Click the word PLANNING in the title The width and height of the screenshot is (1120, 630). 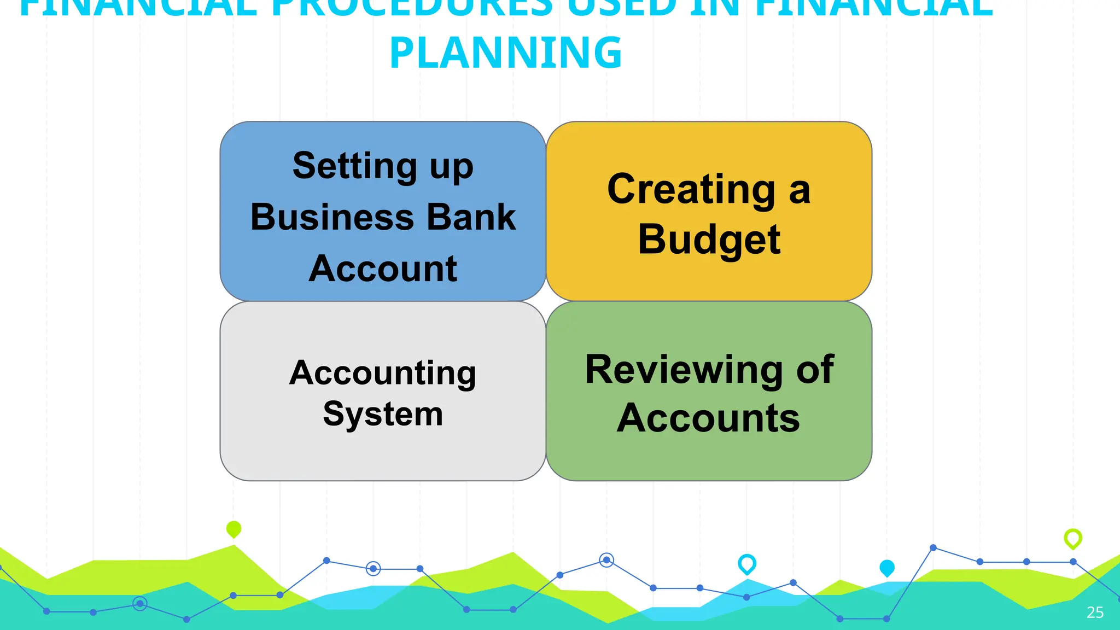coord(506,52)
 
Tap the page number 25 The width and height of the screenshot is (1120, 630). coord(1095,612)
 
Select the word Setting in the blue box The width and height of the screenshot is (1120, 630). coord(355,166)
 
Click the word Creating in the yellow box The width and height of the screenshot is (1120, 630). coord(691,190)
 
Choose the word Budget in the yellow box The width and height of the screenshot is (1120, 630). coord(709,240)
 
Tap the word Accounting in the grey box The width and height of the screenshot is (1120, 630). coord(383,374)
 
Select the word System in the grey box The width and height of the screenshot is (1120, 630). coord(383,414)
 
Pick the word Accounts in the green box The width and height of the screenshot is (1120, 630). coord(709,418)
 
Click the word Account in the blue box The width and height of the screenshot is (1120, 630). coord(383,269)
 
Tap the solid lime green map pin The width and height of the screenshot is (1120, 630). coord(234,529)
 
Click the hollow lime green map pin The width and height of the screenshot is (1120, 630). coord(1073,538)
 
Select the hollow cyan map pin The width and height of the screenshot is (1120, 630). coord(747,563)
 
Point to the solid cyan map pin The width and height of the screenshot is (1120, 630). coord(887,568)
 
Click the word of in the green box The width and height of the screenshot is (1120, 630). coord(815,370)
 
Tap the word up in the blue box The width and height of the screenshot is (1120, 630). coord(451,167)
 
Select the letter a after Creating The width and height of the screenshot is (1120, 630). coord(799,191)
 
